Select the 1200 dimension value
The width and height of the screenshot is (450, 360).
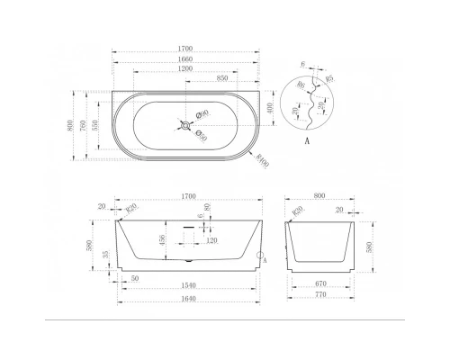[x=189, y=69]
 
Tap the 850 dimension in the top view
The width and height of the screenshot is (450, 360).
[x=220, y=79]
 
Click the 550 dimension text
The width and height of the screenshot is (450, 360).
[x=96, y=122]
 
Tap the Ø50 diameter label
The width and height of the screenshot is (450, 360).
[x=204, y=137]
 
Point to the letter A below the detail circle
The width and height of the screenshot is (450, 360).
[x=309, y=141]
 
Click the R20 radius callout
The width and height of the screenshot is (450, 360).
[x=132, y=208]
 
